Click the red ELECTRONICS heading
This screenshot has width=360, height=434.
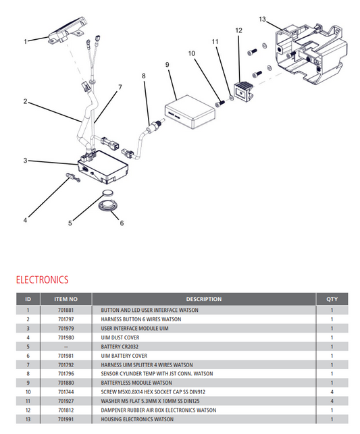42,279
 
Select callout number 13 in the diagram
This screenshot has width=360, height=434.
263,18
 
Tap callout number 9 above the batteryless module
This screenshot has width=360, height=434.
166,65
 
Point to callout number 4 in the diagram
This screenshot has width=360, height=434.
25,219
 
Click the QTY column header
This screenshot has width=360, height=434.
332,299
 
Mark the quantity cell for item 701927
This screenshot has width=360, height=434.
332,400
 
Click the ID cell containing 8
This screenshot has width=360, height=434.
28,373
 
